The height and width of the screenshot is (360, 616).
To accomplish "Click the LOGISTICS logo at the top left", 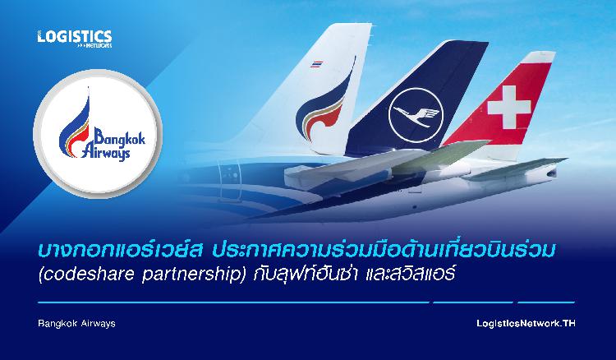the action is pos(75,39).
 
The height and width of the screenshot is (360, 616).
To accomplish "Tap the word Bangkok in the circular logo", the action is pos(119,137).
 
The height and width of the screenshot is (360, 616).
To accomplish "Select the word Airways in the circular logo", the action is pos(105,153).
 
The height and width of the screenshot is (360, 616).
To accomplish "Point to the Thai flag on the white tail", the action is pos(317,63).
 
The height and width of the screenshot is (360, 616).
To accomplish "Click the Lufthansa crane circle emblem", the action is pos(416,115).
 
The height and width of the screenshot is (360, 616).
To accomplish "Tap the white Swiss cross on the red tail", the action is pos(508,108).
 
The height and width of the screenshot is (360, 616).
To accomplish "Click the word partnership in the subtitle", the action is pos(191,275).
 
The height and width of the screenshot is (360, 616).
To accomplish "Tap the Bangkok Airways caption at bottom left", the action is pos(76,324).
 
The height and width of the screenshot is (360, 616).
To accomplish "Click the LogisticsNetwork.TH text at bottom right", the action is pos(526,324).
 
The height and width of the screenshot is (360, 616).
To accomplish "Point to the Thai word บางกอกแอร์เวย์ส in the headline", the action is pos(120,252).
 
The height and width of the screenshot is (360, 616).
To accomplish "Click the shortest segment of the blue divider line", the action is pos(546,302).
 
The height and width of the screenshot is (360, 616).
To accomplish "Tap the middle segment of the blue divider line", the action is pos(473,302).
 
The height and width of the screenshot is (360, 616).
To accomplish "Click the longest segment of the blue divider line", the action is pos(233,302).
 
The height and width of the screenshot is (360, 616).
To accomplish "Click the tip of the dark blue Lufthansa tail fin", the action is pos(486,42).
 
